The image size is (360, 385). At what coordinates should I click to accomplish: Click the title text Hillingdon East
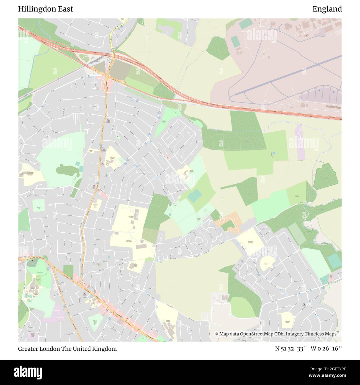pos(46,9)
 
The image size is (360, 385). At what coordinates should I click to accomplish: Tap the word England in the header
pos(327,9)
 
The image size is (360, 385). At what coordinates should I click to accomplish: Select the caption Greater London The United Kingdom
pos(67,349)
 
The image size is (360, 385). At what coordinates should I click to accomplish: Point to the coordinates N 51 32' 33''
pos(290,349)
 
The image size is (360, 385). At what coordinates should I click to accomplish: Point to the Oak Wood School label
pos(131,217)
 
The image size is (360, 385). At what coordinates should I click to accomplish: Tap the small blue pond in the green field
pos(274,153)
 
